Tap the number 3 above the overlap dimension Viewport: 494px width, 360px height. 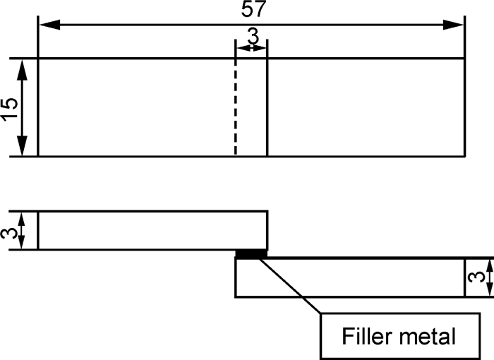pyautogui.click(x=252, y=35)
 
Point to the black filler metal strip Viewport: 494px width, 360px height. pyautogui.click(x=252, y=253)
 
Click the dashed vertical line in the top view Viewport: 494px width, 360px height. pyautogui.click(x=235, y=106)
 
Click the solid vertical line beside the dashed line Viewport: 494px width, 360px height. pyautogui.click(x=267, y=106)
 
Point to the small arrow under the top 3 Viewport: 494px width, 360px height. pyautogui.click(x=251, y=48)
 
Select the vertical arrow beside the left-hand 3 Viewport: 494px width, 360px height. pyautogui.click(x=23, y=230)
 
